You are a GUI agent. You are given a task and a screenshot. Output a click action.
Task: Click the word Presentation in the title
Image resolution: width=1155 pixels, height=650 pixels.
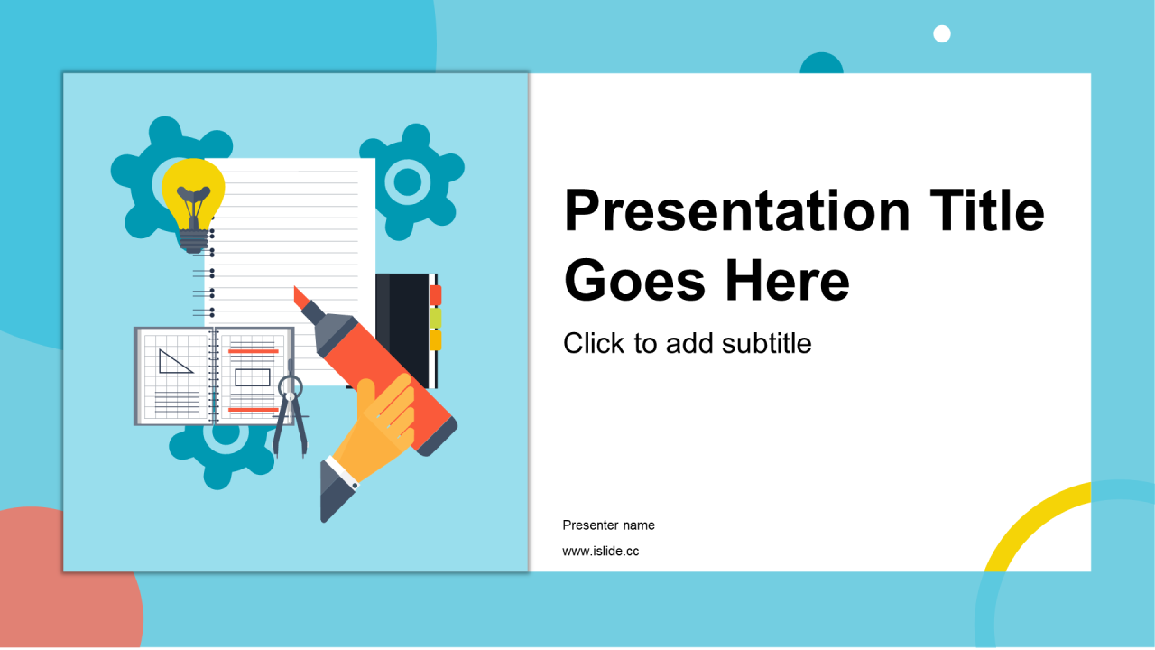point(737,211)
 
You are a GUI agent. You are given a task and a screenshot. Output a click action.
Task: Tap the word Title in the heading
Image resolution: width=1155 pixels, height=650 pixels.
point(987,210)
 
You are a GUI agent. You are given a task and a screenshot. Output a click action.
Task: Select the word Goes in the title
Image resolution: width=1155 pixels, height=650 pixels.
point(634,281)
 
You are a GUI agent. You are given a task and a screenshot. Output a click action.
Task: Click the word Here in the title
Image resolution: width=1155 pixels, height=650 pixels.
point(788,281)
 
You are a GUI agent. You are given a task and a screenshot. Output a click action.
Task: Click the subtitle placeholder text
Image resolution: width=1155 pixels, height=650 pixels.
point(688,343)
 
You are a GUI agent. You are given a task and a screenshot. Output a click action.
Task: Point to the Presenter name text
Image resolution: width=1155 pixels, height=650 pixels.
point(608,525)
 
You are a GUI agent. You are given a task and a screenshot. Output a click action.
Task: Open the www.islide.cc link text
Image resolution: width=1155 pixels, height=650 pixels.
point(601,551)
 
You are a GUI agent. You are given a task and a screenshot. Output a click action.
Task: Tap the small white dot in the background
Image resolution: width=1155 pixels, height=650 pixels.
point(942,34)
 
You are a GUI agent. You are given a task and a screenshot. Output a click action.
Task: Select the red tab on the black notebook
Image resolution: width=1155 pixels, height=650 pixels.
point(436,295)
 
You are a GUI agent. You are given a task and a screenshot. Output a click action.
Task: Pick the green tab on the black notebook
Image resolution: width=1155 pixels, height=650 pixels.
point(436,319)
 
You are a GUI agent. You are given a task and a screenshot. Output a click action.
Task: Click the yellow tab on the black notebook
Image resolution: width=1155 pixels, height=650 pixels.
point(436,341)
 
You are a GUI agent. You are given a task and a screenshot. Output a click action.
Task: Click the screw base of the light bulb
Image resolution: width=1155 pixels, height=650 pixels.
point(193,241)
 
